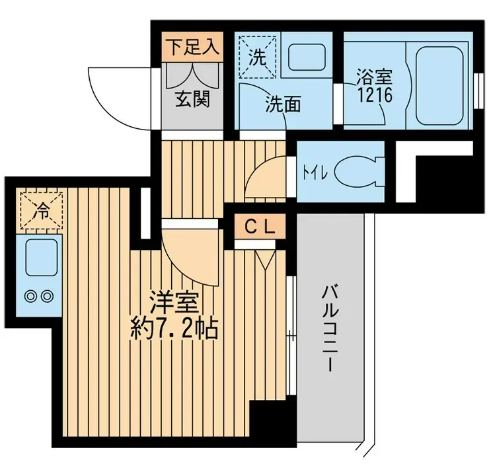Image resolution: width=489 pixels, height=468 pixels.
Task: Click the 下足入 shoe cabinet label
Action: click(192, 48)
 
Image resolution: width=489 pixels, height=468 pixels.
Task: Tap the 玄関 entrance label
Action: click(192, 99)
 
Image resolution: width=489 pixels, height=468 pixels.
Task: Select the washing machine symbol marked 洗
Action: click(258, 57)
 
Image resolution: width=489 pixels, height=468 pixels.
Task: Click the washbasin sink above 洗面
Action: click(307, 57)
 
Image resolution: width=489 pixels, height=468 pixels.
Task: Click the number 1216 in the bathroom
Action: click(375, 95)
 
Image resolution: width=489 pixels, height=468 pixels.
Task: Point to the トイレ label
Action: click(316, 173)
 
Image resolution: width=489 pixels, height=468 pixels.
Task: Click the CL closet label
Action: click(260, 227)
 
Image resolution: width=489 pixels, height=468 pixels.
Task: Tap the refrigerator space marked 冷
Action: click(42, 211)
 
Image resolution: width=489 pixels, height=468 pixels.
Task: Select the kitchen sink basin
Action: click(42, 258)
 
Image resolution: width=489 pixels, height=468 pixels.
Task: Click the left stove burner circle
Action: click(30, 295)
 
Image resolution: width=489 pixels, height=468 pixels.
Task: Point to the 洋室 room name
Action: click(174, 303)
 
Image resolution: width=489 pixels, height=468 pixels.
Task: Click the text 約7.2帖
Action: click(174, 329)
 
